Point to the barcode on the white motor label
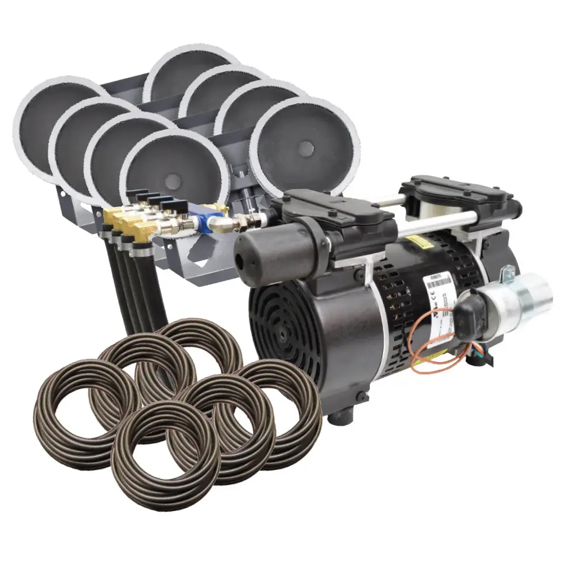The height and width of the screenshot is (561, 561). pyautogui.click(x=439, y=282)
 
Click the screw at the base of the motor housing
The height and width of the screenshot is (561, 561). pyautogui.click(x=362, y=396)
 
